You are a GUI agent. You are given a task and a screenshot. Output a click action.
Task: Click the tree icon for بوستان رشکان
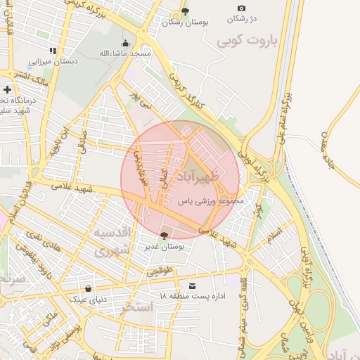coord(185,11)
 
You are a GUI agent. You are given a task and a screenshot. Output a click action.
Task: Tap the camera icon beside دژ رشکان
coord(242,8)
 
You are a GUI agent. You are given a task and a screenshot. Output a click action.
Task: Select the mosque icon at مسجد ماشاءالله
coord(126,43)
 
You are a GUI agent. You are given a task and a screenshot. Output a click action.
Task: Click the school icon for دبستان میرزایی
coord(52,51)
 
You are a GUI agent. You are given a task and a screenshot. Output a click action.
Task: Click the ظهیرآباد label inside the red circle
coord(204,172)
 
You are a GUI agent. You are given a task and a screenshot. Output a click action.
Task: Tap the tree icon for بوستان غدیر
coord(164,235)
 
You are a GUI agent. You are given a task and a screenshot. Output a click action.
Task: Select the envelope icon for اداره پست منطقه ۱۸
coord(193,285)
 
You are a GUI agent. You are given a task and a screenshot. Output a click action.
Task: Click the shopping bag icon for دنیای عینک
coord(88,288)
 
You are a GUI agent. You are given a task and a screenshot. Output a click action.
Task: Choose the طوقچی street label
coord(160,269)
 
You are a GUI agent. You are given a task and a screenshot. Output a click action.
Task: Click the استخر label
coord(137,307)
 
